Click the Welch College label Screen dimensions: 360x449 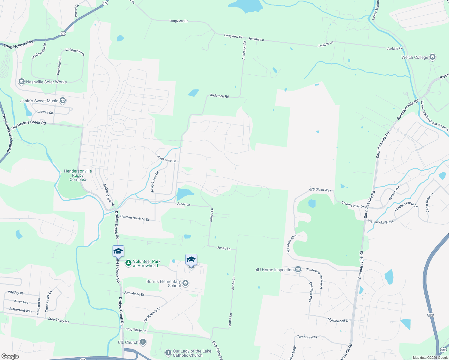pos(415,57)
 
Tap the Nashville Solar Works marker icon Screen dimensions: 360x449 pos(21,82)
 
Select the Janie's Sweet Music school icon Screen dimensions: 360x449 pos(63,100)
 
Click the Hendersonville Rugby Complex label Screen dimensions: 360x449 pos(78,175)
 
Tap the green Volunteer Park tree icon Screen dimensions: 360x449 pos(128,263)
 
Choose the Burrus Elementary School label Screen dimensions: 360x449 pos(164,283)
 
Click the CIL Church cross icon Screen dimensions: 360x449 pos(143,342)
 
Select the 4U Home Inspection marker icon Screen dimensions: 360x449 pos(298,269)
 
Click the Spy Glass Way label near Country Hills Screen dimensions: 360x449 pos(320,190)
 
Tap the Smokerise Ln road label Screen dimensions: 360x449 pos(166,158)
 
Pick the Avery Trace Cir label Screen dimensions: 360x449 pos(154,181)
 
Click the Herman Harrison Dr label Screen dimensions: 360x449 pos(135,218)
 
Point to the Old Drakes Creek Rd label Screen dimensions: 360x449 pos(29,125)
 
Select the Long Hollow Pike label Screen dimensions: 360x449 pos(19,44)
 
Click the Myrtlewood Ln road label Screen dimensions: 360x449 pos(339,320)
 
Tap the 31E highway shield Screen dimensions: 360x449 pos(443,350)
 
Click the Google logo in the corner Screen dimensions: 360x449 pos(10,356)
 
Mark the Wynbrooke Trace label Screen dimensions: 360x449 pos(381,222)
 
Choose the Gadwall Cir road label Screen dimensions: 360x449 pos(45,112)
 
